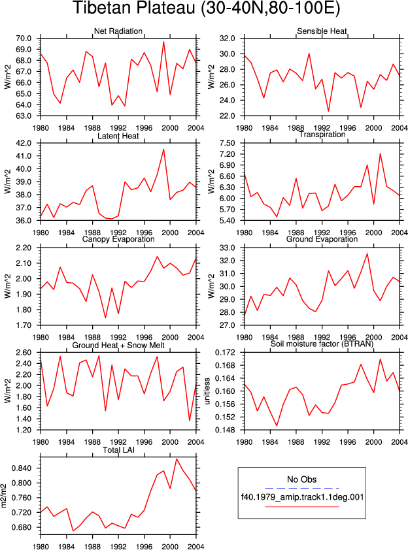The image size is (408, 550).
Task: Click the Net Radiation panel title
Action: pos(118,31)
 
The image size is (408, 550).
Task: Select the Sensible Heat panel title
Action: pos(322,31)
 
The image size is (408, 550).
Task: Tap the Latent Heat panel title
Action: pos(118,136)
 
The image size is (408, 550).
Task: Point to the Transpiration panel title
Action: pos(322,135)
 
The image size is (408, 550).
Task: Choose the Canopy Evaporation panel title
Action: pos(118,239)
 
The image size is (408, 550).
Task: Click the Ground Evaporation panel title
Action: pos(322,239)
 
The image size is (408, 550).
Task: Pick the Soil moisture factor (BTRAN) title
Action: pos(322,344)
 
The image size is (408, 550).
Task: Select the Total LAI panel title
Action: pos(118,449)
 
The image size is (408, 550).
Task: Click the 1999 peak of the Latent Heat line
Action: pos(163,150)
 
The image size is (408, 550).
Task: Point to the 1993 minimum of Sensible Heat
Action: pos(329,111)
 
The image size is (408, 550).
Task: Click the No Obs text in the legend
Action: pos(302,479)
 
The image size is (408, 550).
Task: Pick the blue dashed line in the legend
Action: pos(302,488)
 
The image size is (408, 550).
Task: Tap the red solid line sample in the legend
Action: pos(302,506)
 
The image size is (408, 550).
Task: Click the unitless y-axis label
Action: pos(207,391)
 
